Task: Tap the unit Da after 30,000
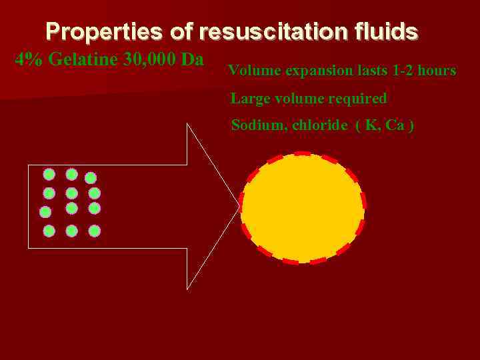pyautogui.click(x=192, y=59)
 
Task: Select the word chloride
pyautogui.click(x=320, y=125)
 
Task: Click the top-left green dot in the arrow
pyautogui.click(x=49, y=175)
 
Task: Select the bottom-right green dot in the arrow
pyautogui.click(x=95, y=231)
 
